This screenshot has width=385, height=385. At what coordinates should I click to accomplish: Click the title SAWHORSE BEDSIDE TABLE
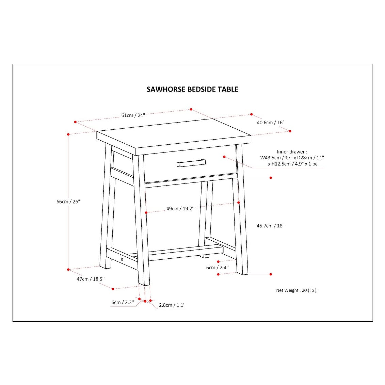(192, 89)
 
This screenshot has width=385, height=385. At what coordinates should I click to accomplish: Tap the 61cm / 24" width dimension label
(133, 115)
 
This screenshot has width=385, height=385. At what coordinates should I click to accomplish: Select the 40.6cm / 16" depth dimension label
(271, 123)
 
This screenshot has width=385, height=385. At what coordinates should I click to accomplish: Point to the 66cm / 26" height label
(68, 202)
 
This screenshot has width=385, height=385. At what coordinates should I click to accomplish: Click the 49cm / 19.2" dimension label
(180, 209)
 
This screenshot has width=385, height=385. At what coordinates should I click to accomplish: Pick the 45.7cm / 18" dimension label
(271, 226)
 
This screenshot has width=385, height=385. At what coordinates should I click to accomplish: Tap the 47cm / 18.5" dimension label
(91, 279)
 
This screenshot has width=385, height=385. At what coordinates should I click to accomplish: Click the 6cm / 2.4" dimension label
(218, 268)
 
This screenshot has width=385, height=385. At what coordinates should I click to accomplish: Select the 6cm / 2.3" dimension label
(123, 302)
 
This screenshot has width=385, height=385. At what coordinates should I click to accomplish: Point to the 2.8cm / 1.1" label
(172, 305)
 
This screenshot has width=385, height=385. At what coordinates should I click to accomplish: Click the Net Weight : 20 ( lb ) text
(296, 290)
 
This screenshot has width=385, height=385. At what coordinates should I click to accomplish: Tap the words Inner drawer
(292, 152)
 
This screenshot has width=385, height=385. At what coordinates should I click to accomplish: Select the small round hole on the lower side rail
(122, 259)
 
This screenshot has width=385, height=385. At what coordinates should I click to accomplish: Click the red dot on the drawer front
(224, 157)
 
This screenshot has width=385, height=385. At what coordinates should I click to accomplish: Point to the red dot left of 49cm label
(146, 212)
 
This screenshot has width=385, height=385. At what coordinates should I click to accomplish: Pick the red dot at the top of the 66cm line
(68, 134)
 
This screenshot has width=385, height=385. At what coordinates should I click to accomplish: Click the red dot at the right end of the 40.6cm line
(290, 131)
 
